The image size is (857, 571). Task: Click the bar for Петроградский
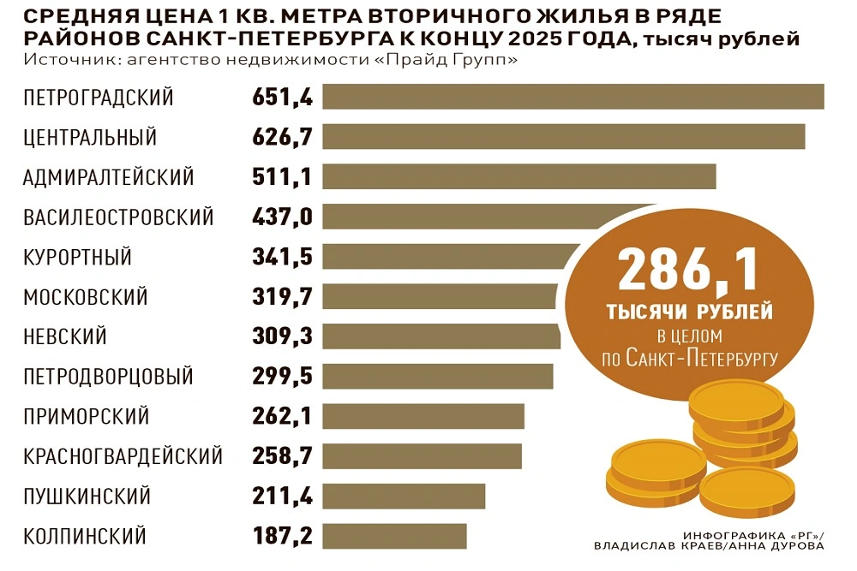click(572, 97)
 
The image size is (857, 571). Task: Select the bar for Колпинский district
click(394, 536)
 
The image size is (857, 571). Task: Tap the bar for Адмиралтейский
click(518, 176)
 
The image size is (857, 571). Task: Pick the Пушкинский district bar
click(404, 497)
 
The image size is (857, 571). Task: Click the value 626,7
click(283, 137)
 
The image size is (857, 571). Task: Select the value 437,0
click(283, 217)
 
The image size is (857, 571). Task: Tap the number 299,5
click(283, 377)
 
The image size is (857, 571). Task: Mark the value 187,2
click(283, 537)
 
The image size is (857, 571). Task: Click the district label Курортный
click(78, 257)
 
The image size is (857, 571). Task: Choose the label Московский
click(86, 297)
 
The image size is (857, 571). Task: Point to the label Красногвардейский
click(123, 456)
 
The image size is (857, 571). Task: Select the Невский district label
click(65, 336)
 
